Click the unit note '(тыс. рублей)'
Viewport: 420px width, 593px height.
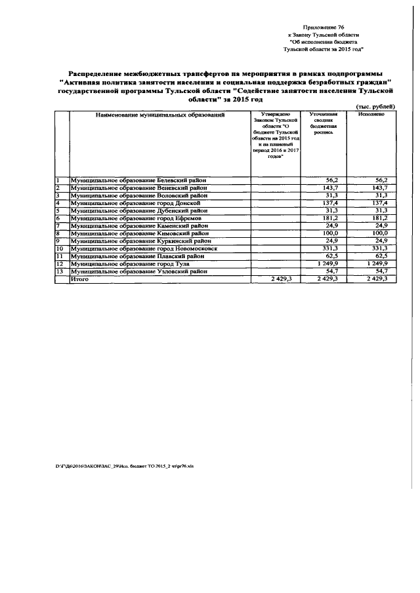[x=375, y=106]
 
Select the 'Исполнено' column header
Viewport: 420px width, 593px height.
[x=371, y=114]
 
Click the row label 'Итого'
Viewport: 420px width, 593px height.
[x=80, y=279]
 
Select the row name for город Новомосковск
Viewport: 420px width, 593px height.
[x=143, y=249]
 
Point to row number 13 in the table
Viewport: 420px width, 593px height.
[x=60, y=271]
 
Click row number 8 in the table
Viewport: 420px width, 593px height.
[x=58, y=233]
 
